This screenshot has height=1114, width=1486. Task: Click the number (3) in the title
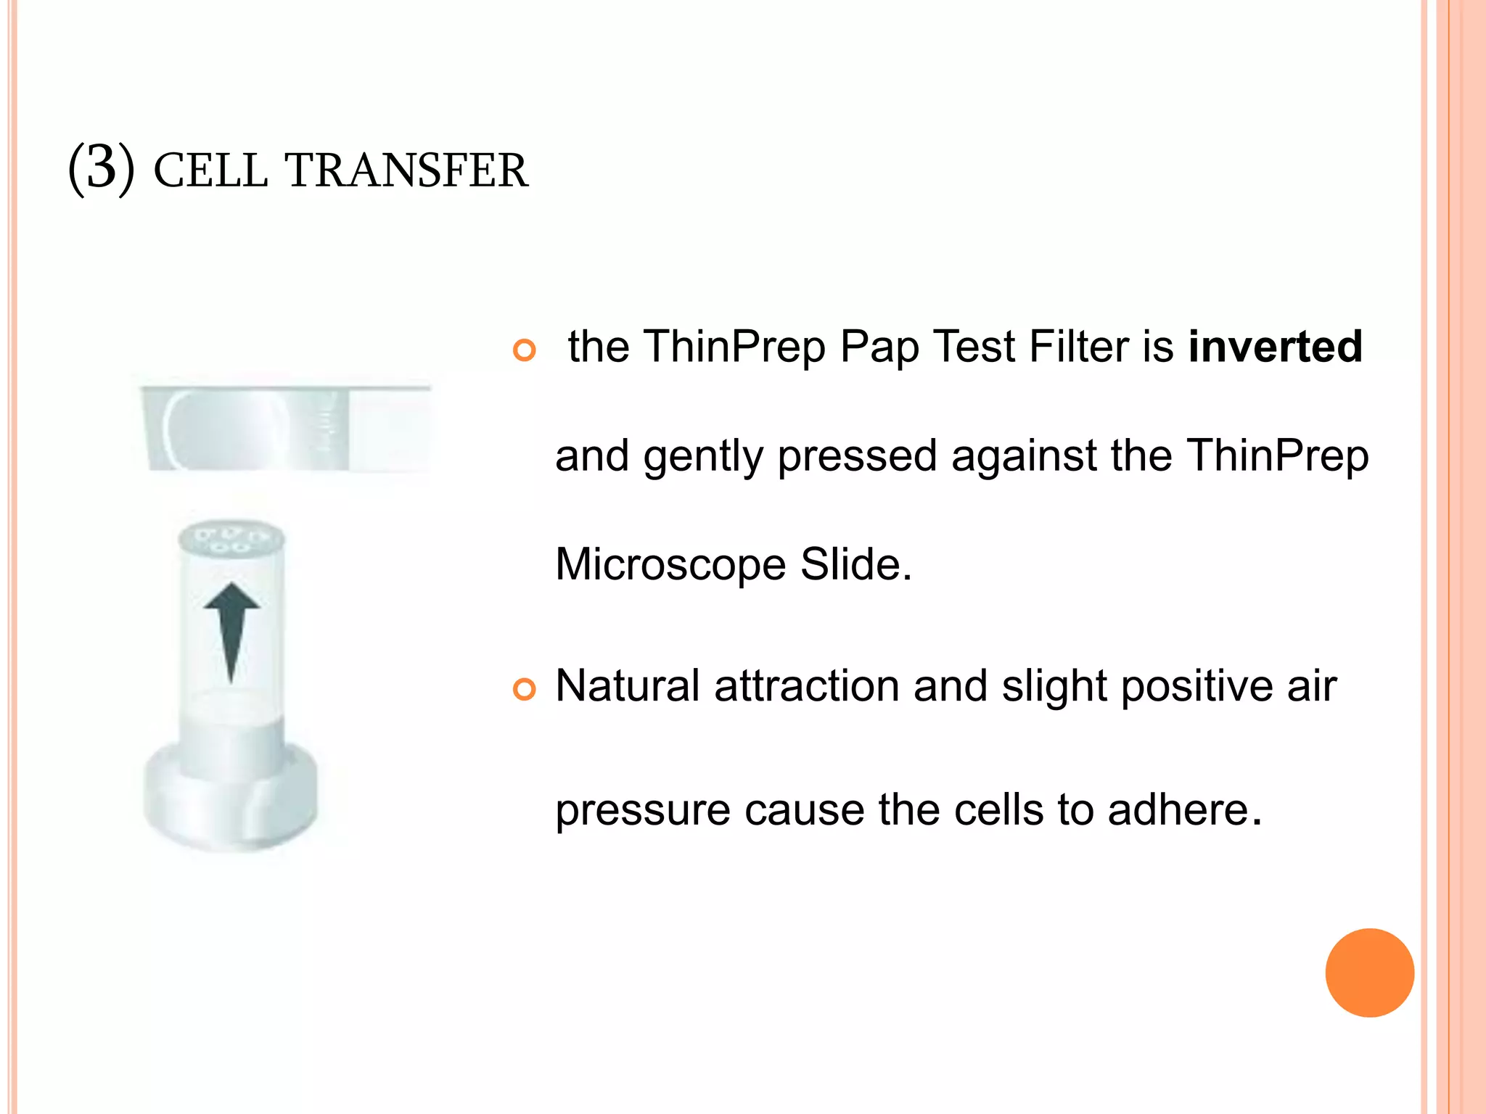(102, 168)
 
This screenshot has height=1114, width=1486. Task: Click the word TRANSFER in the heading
(406, 171)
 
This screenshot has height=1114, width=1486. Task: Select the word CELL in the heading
(210, 171)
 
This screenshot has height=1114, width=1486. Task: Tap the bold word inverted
(1275, 346)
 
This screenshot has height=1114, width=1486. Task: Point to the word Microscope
(670, 564)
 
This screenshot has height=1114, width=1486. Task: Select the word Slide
(855, 564)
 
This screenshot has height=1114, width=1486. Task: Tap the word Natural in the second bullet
(628, 685)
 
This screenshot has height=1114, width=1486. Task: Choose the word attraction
(807, 685)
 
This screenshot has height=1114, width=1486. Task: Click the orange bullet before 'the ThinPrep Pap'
(524, 350)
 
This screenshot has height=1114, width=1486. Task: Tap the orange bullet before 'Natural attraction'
(524, 689)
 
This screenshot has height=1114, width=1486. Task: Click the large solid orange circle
(1369, 973)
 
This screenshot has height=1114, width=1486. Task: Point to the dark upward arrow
(231, 627)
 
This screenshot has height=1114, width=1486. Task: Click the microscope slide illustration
(287, 428)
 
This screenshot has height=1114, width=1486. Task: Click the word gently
(702, 457)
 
